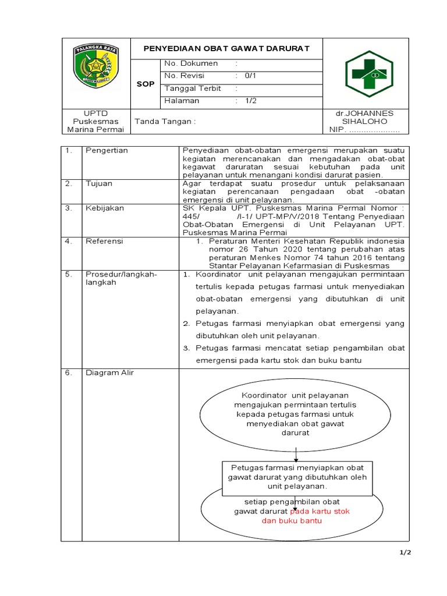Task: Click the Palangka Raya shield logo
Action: point(95,68)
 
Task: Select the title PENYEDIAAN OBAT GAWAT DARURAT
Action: point(226,48)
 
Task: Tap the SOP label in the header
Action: point(146,84)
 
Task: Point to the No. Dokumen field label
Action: point(191,63)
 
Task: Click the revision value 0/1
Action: point(250,76)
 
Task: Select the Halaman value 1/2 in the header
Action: point(250,101)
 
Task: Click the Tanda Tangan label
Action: point(165,122)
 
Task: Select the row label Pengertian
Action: point(107,150)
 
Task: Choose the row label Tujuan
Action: point(99,183)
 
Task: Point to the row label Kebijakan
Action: point(104,208)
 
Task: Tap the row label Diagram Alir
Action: point(109,372)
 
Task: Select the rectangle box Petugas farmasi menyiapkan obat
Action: point(297,477)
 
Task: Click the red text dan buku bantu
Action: point(291,521)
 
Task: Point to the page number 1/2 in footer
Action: point(405,553)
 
